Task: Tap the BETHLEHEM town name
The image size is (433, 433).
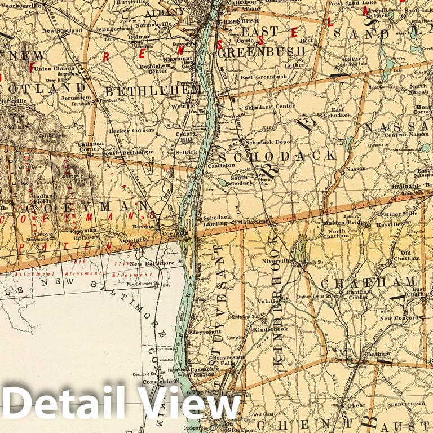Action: click(153, 90)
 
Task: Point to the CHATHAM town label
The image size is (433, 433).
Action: click(368, 281)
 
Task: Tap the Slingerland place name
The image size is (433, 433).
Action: click(112, 28)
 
